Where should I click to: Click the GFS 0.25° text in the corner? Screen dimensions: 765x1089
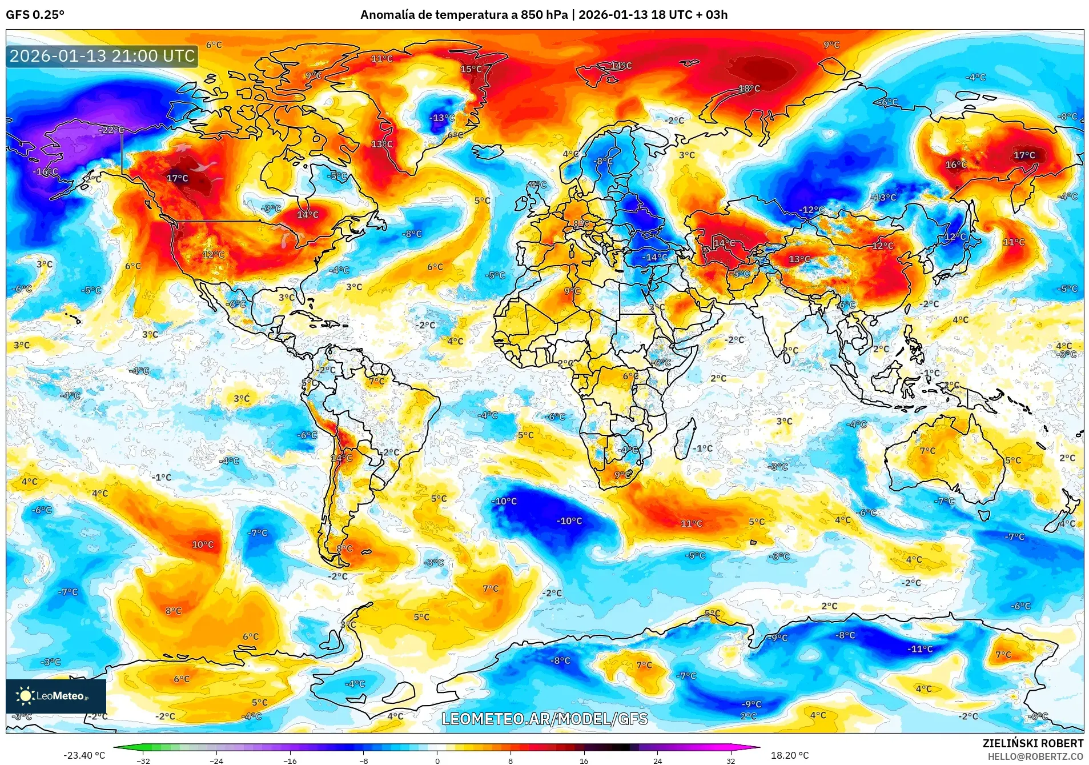coord(35,15)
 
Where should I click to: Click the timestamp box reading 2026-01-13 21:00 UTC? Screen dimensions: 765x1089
coord(102,56)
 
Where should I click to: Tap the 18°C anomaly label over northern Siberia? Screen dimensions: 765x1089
coord(749,89)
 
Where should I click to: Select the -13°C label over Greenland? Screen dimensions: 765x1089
coord(441,118)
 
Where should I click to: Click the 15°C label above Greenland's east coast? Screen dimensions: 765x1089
coord(471,69)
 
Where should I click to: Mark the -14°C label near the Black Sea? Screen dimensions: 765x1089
coord(655,257)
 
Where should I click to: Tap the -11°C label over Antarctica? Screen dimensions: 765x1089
coord(920,649)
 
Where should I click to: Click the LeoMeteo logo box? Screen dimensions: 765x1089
coord(56,696)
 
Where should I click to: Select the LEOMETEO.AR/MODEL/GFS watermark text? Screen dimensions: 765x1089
coord(545,719)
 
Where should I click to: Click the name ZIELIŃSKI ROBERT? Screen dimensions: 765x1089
coord(1032,743)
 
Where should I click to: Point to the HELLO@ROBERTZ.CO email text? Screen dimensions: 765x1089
coord(1035,756)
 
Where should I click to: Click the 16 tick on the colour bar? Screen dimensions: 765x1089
coord(584,760)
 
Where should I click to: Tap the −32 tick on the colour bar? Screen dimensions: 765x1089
coord(143,760)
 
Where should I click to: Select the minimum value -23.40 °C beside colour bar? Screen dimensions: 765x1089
coord(85,755)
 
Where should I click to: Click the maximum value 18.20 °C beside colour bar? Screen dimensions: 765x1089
coord(790,755)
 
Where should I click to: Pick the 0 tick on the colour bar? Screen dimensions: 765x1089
coord(437,760)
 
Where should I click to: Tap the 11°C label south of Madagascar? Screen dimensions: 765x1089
coord(691,523)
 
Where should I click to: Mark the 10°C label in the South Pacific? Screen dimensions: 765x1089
coord(203,544)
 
